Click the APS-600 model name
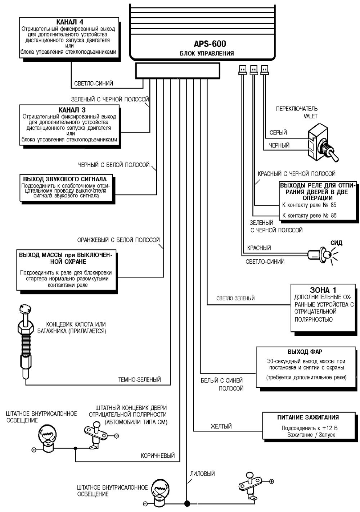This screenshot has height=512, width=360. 210,44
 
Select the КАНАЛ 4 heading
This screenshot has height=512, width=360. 71,22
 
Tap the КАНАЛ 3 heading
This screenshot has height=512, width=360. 72,110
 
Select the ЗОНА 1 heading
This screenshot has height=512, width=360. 324,290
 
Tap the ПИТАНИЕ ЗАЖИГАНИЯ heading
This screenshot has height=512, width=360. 308,417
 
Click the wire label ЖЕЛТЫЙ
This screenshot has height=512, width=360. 221,427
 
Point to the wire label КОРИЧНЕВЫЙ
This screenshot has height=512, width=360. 158,456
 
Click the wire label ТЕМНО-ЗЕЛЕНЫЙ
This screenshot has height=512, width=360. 140,379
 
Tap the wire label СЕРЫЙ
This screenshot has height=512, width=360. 278,132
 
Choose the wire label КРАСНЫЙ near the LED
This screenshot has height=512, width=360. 259,248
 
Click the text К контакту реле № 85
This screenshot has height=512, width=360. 310,205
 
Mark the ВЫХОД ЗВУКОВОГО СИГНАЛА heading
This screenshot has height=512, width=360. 65,179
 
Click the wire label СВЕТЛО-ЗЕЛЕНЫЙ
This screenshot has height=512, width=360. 236,298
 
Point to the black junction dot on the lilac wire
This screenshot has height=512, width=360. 186,504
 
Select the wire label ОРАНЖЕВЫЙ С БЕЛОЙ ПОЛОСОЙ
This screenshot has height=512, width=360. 118,240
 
